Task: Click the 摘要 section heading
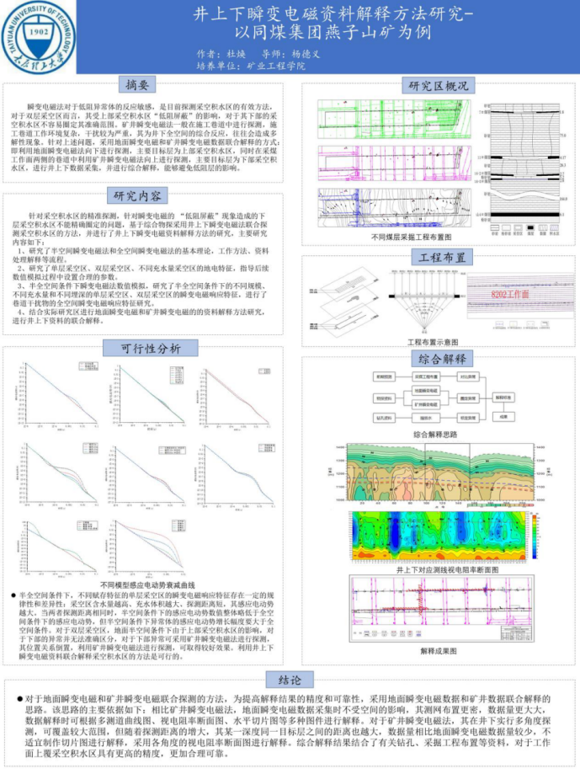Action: click(x=136, y=85)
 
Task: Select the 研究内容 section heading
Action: click(x=136, y=197)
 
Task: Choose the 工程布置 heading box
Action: click(x=442, y=258)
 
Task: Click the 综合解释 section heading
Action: click(x=442, y=358)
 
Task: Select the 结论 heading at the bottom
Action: click(x=290, y=679)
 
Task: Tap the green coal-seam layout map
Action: click(x=393, y=120)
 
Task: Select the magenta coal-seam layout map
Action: click(x=393, y=162)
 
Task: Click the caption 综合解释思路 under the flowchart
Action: click(x=435, y=434)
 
